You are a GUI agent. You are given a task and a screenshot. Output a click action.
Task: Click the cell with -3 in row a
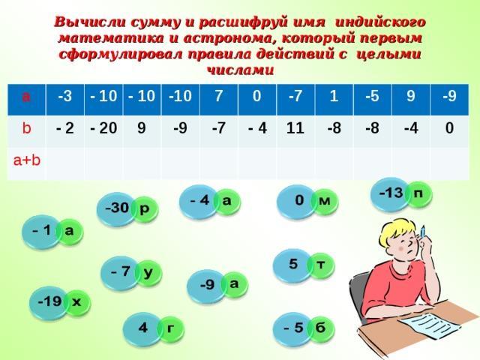65,96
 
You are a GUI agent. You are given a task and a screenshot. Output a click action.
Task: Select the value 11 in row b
295,127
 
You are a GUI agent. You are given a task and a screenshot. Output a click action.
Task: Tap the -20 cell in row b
103,127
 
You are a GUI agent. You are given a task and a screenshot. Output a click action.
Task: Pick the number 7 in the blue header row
218,96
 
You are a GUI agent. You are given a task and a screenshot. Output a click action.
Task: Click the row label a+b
27,160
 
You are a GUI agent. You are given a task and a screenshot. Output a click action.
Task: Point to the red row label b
27,127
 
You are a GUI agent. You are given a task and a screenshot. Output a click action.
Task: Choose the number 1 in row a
334,96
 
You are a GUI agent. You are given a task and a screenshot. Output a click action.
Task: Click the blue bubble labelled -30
116,208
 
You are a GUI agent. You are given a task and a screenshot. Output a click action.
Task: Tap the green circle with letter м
325,202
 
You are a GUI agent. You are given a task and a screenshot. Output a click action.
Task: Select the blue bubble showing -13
390,194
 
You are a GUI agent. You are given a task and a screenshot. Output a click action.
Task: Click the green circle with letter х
76,302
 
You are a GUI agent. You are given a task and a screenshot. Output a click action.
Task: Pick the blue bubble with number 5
292,265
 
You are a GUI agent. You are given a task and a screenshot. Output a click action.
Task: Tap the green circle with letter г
170,328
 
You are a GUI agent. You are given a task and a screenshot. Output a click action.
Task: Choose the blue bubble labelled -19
49,302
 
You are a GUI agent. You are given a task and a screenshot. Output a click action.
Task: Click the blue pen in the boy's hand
423,232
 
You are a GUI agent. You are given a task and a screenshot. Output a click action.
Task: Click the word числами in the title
240,70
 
